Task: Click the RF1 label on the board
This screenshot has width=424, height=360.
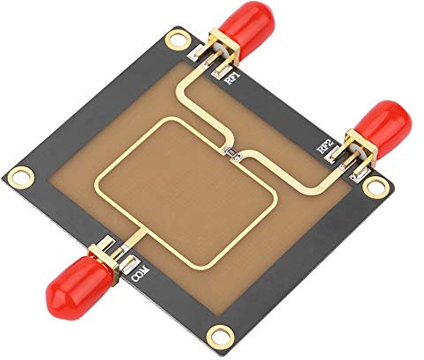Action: (x=235, y=79)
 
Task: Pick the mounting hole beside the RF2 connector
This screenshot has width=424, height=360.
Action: (x=376, y=186)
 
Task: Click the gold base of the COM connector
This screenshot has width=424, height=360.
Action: (x=107, y=252)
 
